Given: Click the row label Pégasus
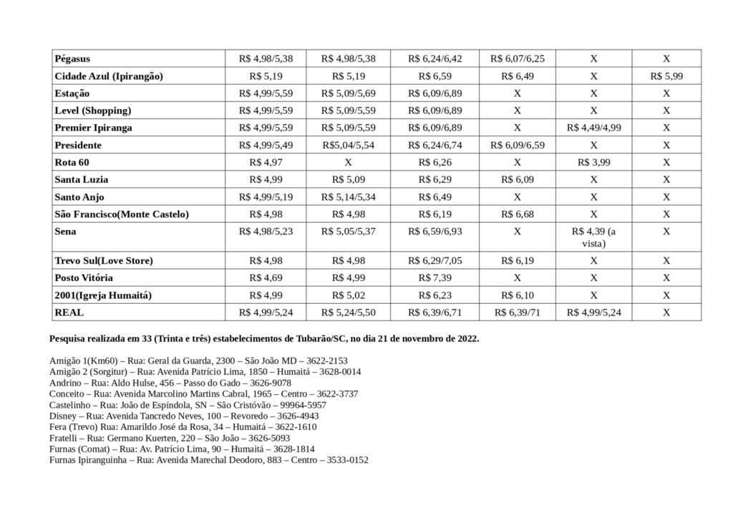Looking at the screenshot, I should coord(72,58).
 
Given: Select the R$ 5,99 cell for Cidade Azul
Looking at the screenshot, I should coord(666,75).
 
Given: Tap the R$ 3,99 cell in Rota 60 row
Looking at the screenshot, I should coord(593,162).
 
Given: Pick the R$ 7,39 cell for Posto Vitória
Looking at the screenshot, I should coord(429,277).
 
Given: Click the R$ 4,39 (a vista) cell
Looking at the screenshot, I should coord(593,237).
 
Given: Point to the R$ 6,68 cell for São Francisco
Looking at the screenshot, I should coord(517,214).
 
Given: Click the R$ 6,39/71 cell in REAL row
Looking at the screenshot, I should coord(517,312).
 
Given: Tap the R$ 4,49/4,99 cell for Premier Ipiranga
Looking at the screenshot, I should coord(593,128).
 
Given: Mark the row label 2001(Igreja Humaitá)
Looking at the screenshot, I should coord(103,295).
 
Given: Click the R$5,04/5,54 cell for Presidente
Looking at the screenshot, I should coord(348,145).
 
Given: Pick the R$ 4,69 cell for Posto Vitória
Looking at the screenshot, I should coord(266,277).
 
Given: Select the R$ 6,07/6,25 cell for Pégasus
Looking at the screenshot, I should coord(517,58).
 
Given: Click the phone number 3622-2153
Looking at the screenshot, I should coord(328,361).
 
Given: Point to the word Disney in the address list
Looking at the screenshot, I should coord(63,416).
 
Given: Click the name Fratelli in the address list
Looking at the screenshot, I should coord(64,437).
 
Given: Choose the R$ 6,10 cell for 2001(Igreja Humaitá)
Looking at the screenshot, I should coord(517,295).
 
